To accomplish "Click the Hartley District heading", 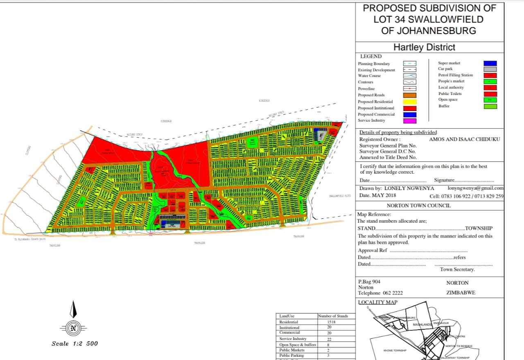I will click(x=424, y=47).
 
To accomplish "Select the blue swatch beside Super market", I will click(x=490, y=63).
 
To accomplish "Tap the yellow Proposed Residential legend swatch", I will click(x=409, y=102).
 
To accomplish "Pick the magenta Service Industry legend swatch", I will click(x=409, y=121).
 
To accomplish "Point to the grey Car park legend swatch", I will click(x=490, y=69).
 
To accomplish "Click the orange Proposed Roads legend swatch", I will click(x=409, y=95).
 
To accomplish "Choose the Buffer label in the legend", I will click(x=444, y=106).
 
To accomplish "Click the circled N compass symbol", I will click(x=73, y=328).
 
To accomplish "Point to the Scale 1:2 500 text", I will click(x=75, y=344).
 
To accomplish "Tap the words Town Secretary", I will click(x=457, y=269).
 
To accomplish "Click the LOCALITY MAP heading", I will click(x=377, y=302).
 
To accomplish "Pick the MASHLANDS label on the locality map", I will click(x=422, y=325).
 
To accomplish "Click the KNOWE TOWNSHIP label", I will click(x=395, y=351).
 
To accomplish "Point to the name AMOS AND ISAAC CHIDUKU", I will click(x=464, y=139).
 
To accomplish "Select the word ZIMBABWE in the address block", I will click(x=461, y=293).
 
